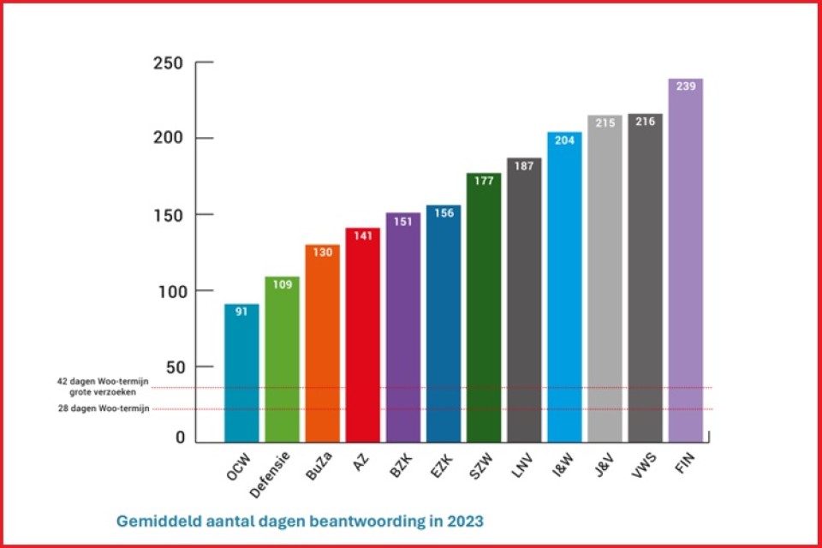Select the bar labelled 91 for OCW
[241, 377]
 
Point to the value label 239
[685, 87]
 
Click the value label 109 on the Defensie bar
[282, 284]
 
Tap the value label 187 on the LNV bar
[524, 166]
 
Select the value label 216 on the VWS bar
[645, 122]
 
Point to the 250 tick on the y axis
[168, 63]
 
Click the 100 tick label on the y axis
[168, 291]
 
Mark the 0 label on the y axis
[180, 438]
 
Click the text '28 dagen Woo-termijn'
[104, 408]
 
